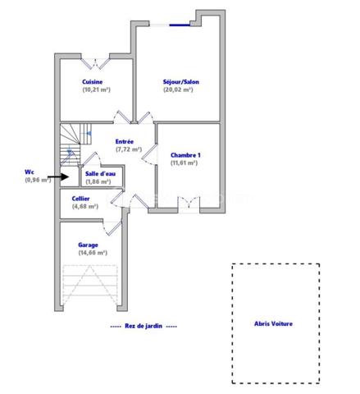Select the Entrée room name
coord(125,141)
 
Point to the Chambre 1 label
coord(185,155)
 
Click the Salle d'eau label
coord(100,173)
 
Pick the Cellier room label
coord(80,199)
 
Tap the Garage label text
coord(89,245)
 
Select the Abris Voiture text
coord(274,323)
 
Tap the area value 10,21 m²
coord(96,89)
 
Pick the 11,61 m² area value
coord(185,163)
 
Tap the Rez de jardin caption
coord(144,326)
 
